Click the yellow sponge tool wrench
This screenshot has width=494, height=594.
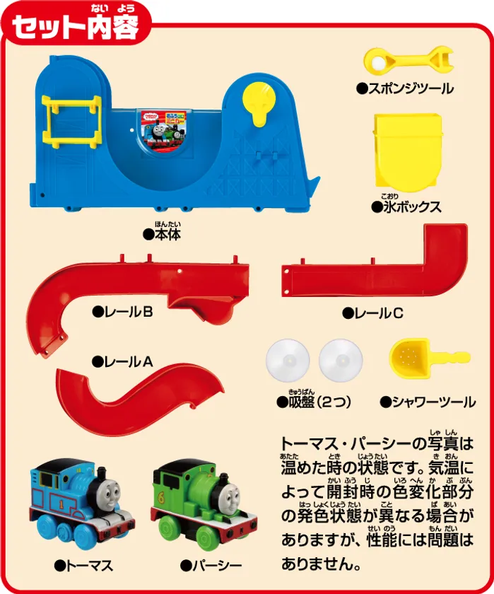pyautogui.click(x=408, y=61)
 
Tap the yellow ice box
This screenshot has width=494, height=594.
pyautogui.click(x=407, y=151)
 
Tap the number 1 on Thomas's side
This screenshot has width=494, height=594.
pyautogui.click(x=61, y=504)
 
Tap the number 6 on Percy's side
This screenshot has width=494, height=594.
pyautogui.click(x=162, y=499)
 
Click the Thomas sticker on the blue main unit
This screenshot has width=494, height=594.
pyautogui.click(x=163, y=130)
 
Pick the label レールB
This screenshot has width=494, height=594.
pyautogui.click(x=122, y=312)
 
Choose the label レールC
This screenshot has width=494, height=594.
pyautogui.click(x=373, y=313)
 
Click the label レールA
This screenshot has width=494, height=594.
pyautogui.click(x=122, y=362)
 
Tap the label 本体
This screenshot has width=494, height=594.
pyautogui.click(x=162, y=234)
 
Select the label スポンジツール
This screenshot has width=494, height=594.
pyautogui.click(x=405, y=88)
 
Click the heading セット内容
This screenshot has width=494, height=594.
pyautogui.click(x=76, y=28)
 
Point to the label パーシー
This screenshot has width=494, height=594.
pyautogui.click(x=211, y=566)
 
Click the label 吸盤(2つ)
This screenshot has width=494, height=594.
pyautogui.click(x=314, y=402)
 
